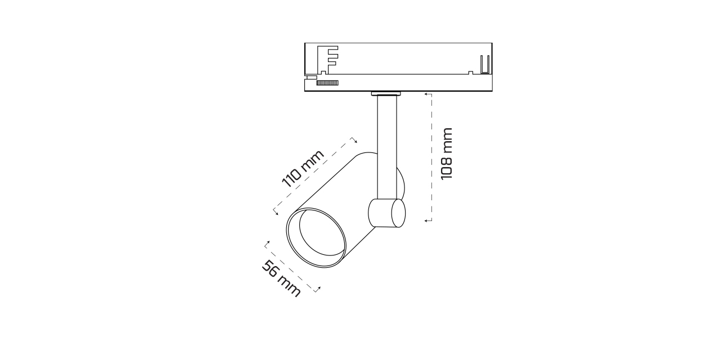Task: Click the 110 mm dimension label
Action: click(303, 169)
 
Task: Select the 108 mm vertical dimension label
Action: click(447, 154)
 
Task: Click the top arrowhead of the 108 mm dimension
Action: click(427, 94)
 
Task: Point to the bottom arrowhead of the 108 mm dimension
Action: click(427, 220)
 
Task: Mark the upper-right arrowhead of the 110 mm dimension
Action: click(354, 140)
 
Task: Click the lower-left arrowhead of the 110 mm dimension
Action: click(276, 212)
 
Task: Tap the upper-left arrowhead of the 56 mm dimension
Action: click(267, 244)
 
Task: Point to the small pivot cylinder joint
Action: click(386, 213)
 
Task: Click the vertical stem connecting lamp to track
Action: click(386, 146)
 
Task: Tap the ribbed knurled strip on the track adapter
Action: click(327, 83)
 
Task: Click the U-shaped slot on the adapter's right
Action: click(485, 65)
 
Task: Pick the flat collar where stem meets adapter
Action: click(386, 93)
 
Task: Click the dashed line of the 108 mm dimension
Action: click(431, 157)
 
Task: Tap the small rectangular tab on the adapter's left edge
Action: click(309, 78)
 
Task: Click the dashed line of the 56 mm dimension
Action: click(292, 267)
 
